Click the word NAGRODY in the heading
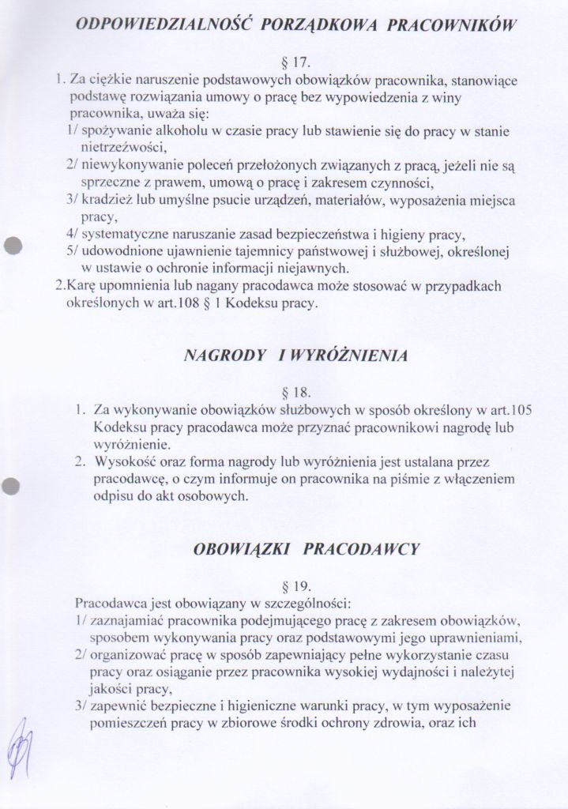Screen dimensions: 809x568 tap(224, 356)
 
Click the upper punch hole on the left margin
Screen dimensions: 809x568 tap(10, 245)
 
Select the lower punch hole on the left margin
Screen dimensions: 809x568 tap(10, 486)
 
